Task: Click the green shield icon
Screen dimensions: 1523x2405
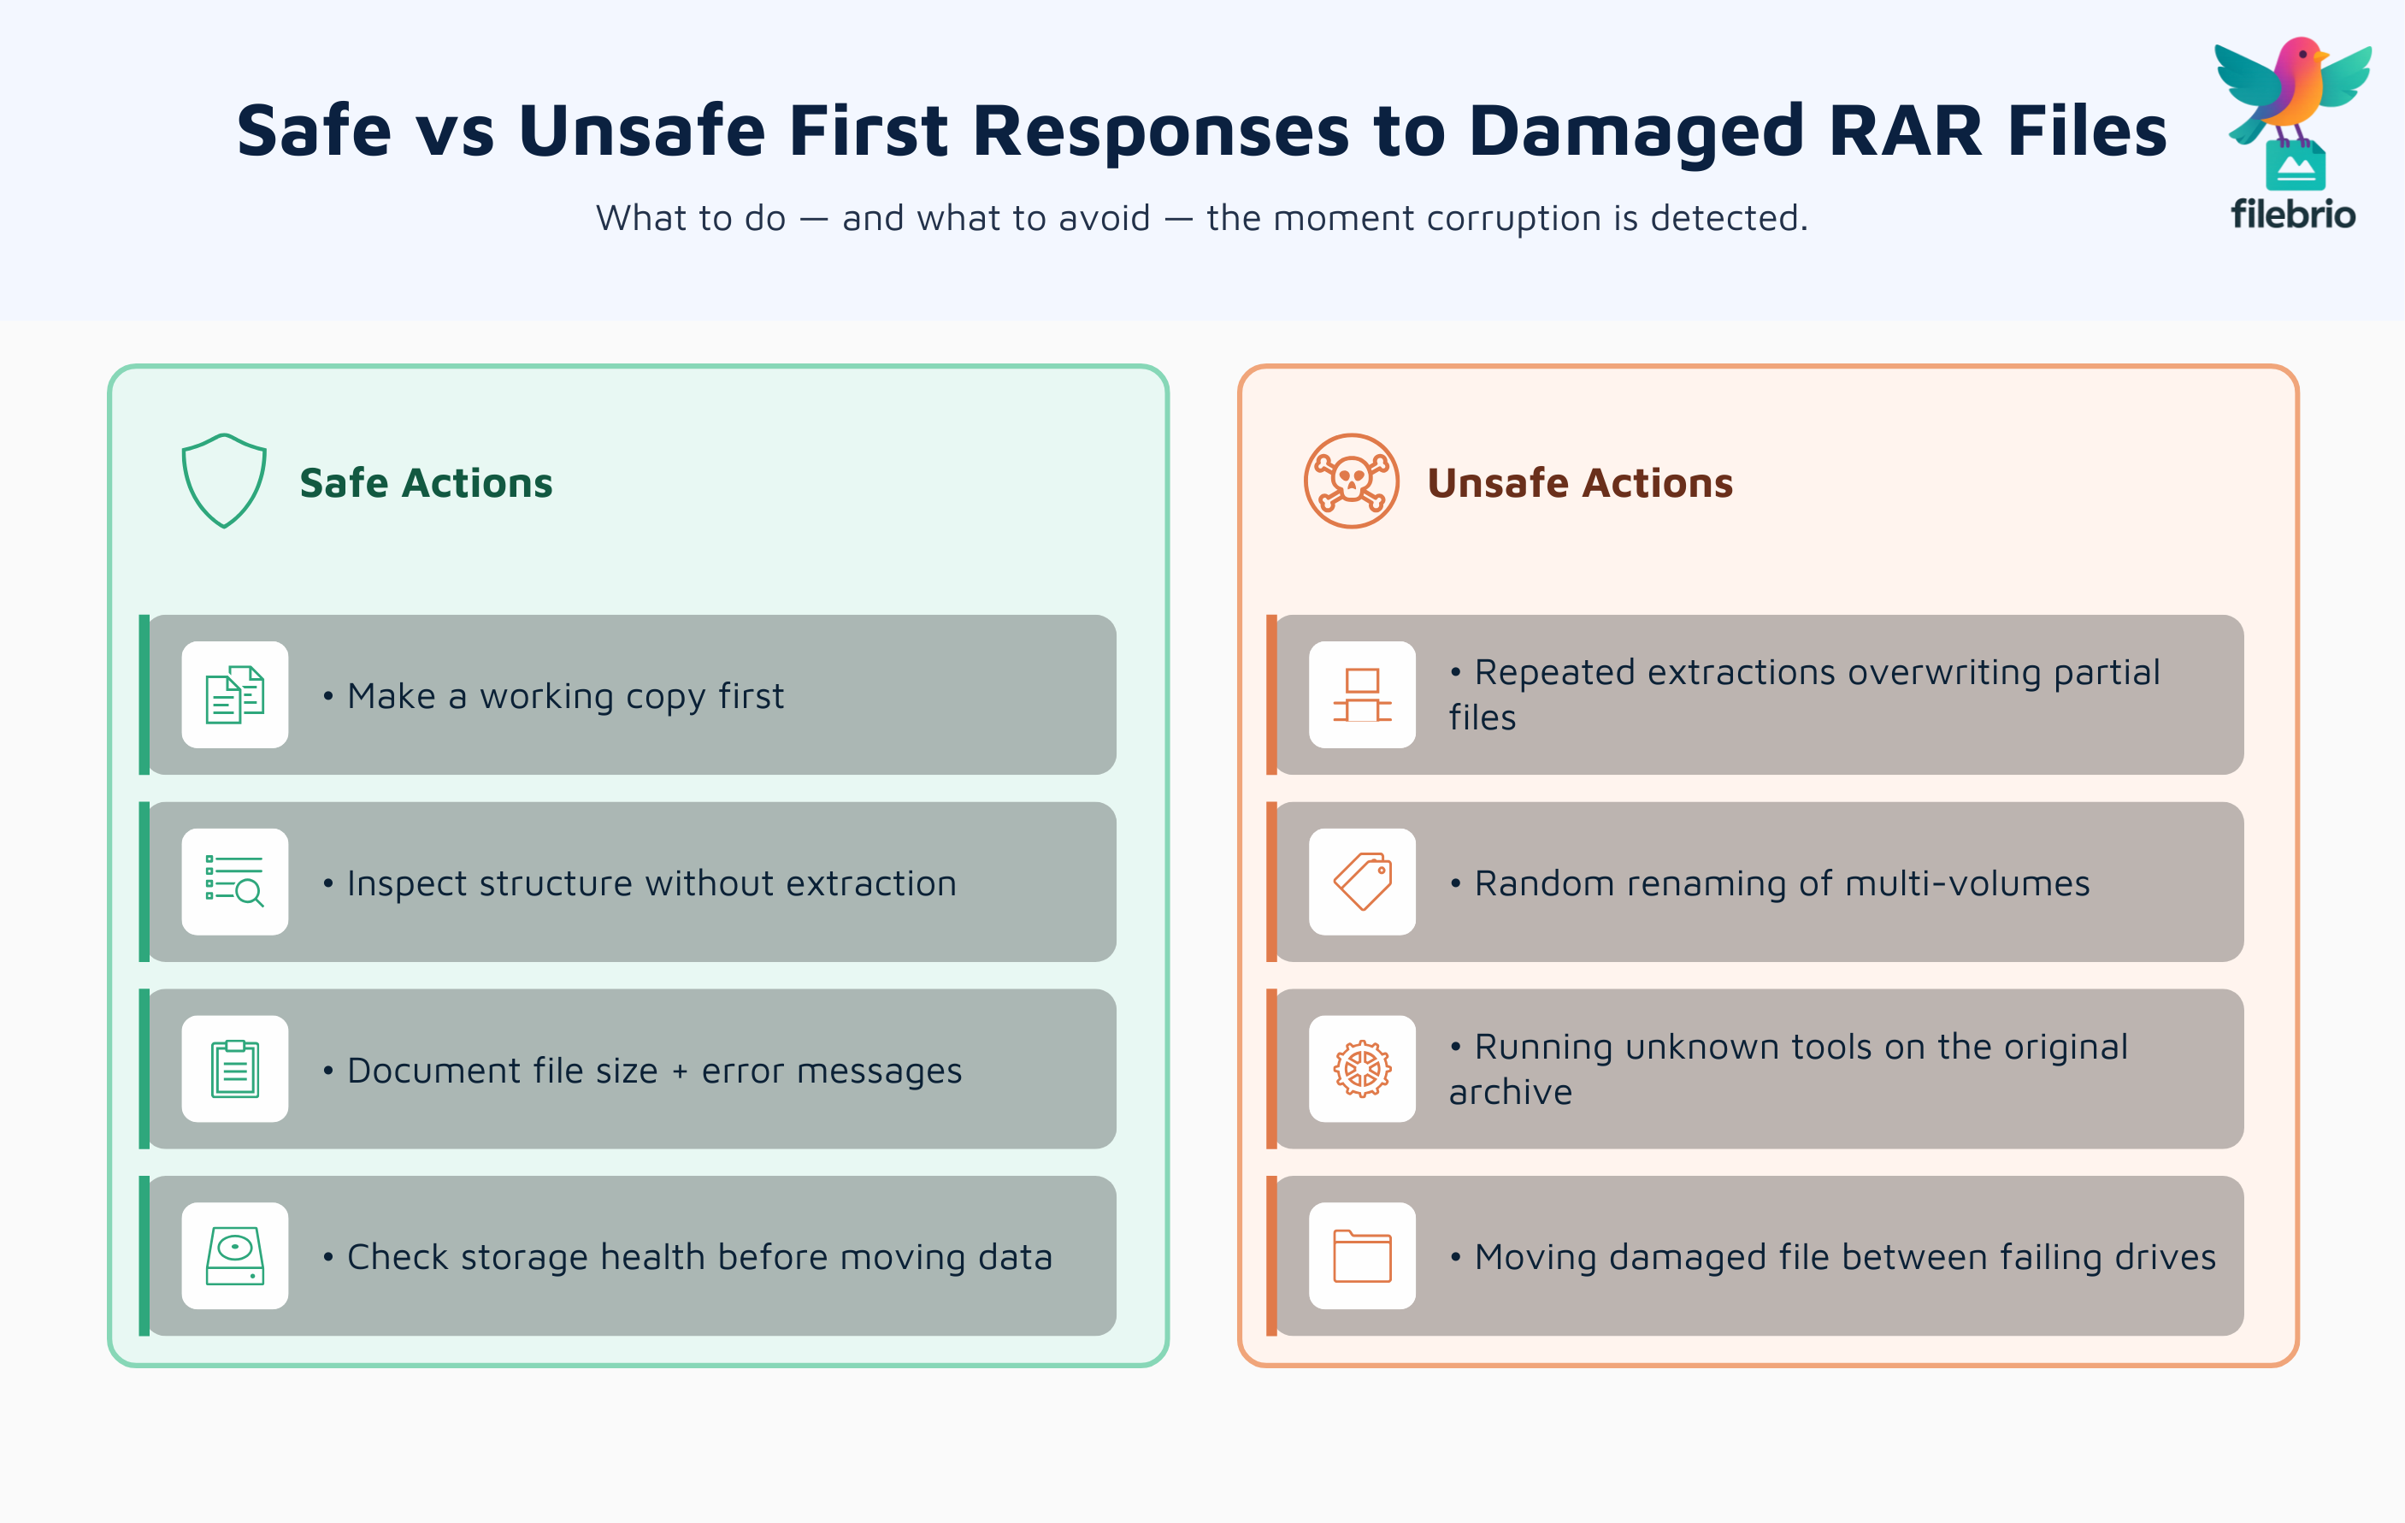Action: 224,481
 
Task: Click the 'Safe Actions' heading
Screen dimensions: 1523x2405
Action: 426,483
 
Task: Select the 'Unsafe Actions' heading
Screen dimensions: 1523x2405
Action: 1579,483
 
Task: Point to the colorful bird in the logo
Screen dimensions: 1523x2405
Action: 2294,90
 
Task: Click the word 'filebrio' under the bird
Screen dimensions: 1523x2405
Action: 2293,215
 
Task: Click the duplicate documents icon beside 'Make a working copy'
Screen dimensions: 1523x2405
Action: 235,695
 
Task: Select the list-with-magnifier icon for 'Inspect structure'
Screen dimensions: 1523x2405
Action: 235,882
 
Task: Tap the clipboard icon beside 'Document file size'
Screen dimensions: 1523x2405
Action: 235,1069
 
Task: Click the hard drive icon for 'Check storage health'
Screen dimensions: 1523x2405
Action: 235,1255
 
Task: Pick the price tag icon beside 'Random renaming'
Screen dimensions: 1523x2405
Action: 1362,882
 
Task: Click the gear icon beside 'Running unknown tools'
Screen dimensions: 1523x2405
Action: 1362,1069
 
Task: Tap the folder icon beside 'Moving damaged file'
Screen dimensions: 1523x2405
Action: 1362,1255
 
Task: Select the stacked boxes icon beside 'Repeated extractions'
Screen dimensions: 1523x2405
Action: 1362,695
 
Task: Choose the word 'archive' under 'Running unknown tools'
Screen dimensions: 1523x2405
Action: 1510,1093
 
